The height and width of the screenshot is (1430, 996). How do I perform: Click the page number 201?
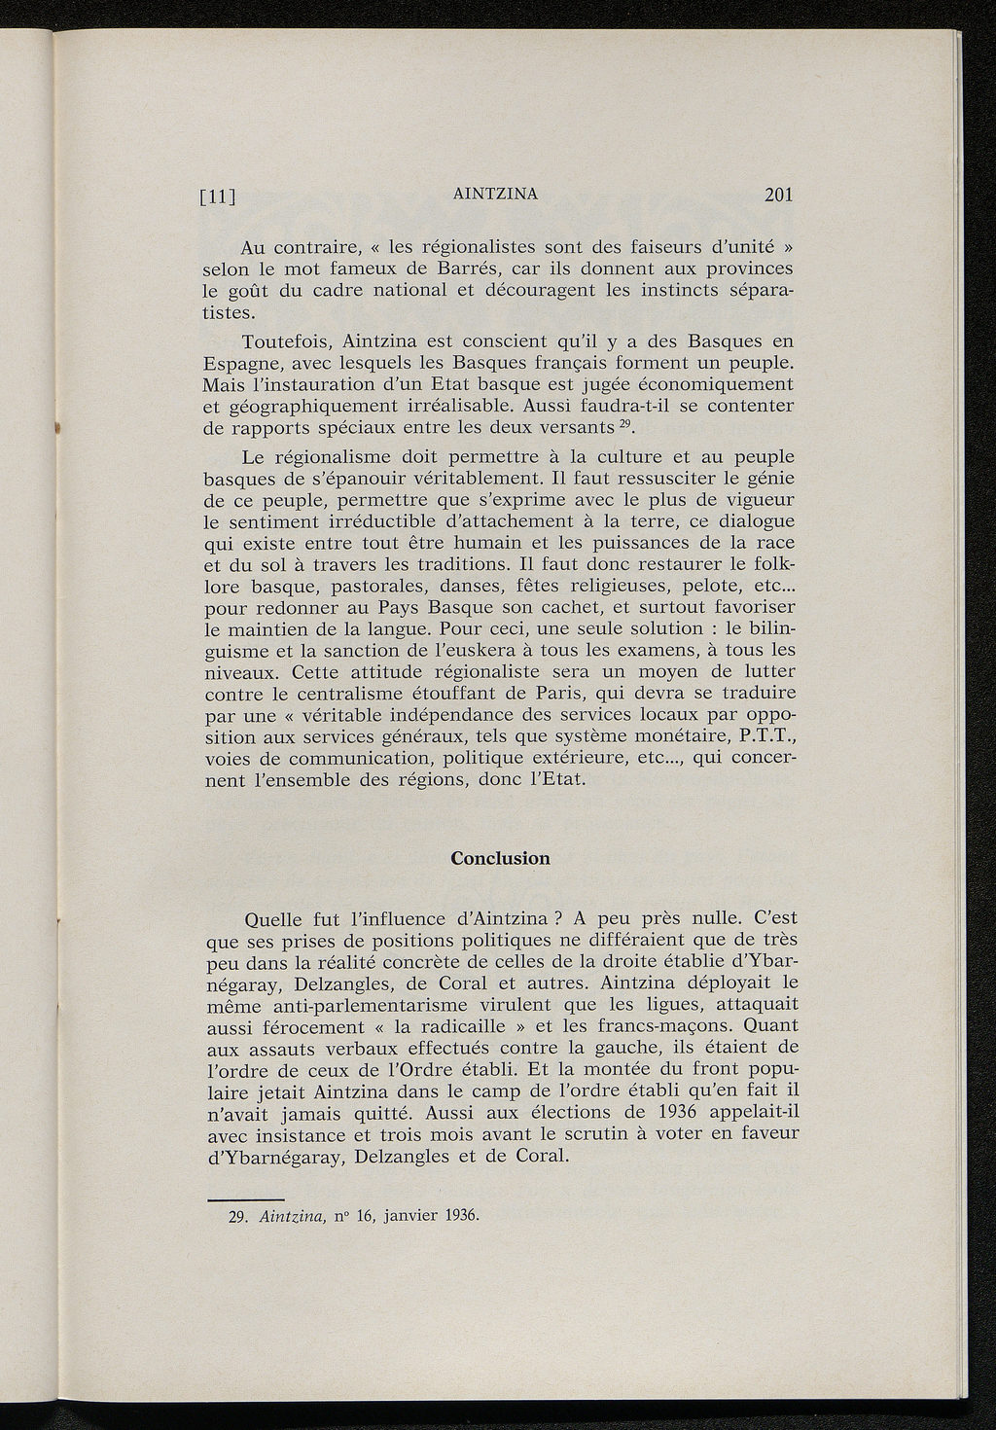point(778,195)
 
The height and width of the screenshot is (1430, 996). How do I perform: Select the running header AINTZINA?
point(495,194)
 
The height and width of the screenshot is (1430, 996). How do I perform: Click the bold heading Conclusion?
point(500,858)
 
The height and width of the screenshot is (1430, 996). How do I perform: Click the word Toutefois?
point(287,341)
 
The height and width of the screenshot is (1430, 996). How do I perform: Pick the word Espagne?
point(242,364)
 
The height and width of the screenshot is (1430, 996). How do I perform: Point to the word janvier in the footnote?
point(409,1216)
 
